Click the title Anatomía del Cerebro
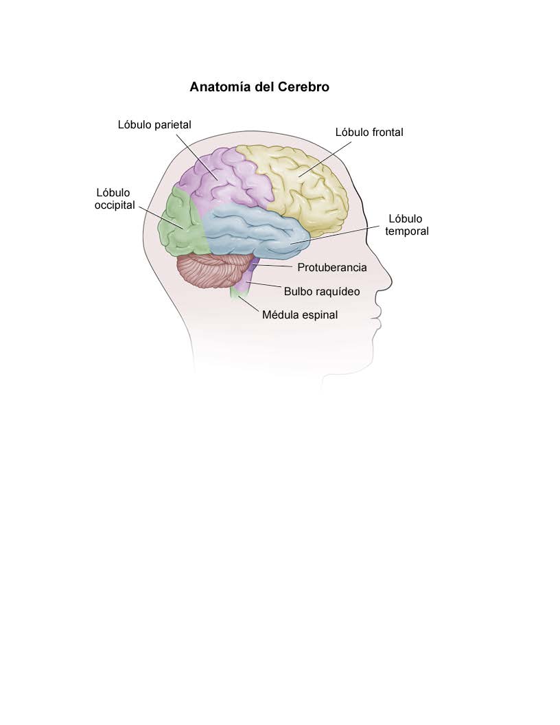tap(259, 87)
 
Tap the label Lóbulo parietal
tap(154, 125)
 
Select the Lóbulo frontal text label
tap(369, 133)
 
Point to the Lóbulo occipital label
tap(115, 199)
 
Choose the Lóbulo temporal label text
tap(406, 225)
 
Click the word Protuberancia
tap(331, 267)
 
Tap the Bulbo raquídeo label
tap(322, 291)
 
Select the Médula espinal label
tap(300, 315)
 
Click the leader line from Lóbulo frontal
tap(325, 159)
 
